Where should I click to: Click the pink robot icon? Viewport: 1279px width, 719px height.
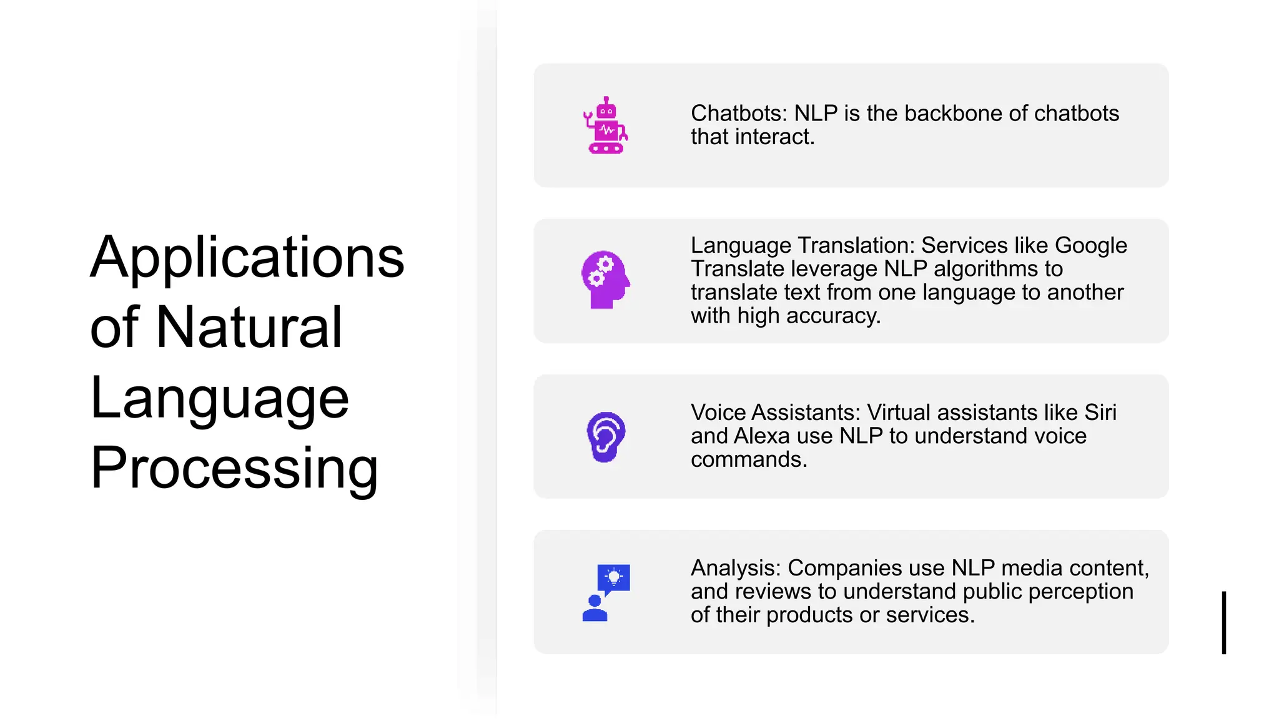(605, 125)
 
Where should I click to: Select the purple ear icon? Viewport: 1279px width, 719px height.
(606, 437)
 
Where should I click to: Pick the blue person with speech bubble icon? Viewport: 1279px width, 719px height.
(605, 592)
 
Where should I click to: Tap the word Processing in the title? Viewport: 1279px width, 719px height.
(234, 468)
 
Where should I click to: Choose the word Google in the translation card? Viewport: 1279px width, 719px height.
(1091, 245)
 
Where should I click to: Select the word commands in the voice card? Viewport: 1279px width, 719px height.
(748, 459)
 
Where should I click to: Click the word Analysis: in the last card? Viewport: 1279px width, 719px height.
(736, 568)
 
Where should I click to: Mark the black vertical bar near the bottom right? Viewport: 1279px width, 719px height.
(1224, 622)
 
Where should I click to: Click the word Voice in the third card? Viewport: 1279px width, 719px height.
(718, 413)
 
